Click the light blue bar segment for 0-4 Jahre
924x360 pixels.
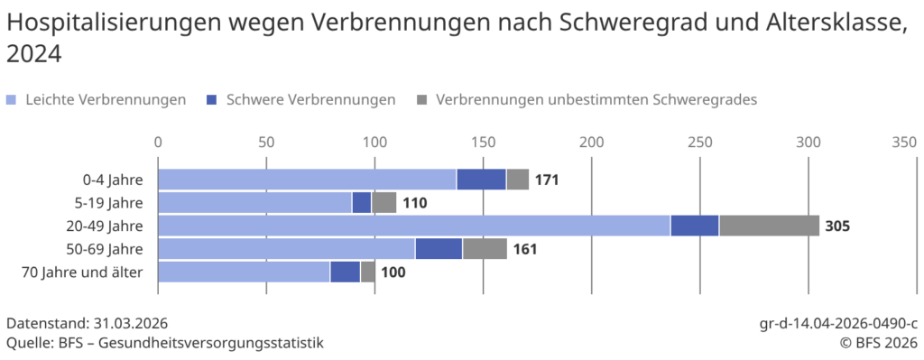click(x=307, y=180)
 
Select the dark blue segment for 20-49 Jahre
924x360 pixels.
click(x=694, y=226)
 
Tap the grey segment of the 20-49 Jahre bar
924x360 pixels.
click(x=769, y=226)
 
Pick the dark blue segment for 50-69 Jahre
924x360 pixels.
click(x=439, y=249)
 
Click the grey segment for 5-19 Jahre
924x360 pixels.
click(x=383, y=203)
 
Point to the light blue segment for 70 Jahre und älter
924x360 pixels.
click(x=244, y=272)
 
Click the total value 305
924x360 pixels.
click(x=837, y=226)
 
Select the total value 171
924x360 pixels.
click(x=547, y=180)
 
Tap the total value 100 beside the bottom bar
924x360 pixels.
click(x=393, y=272)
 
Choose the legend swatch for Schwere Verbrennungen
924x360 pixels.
click(x=213, y=100)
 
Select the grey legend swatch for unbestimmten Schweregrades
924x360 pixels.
click(x=422, y=100)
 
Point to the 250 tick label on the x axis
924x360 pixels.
click(x=699, y=142)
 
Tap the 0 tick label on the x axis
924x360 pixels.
click(x=158, y=142)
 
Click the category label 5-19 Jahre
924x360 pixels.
click(x=113, y=203)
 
